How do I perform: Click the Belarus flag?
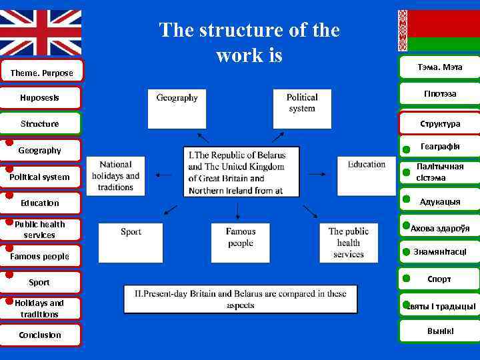point(439,30)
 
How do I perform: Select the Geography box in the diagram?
point(177,107)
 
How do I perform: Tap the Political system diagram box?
point(302,107)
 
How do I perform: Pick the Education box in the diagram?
point(366,175)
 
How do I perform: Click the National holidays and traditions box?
point(120,176)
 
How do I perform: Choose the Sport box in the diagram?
point(131,242)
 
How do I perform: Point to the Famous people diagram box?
point(240,242)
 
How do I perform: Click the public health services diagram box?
point(348,242)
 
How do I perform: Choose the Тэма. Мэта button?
point(439,67)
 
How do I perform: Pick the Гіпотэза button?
point(439,93)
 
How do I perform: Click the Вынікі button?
point(439,331)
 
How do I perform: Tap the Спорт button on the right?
point(439,279)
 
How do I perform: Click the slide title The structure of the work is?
point(249,42)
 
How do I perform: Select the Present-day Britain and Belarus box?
point(240,299)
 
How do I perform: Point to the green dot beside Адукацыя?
point(406,199)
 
